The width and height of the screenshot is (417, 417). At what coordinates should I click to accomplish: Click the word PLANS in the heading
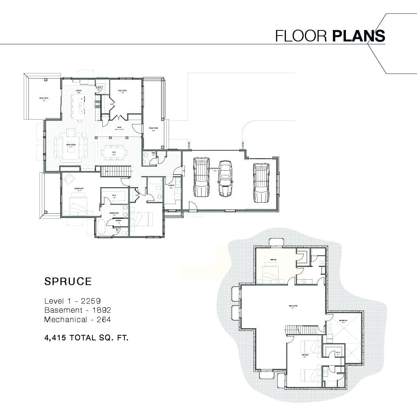359,36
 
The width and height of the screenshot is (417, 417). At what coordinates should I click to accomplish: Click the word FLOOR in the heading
301,36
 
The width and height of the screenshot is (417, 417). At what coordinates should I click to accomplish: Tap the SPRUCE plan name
68,282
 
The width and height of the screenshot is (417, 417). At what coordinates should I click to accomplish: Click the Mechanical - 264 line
77,319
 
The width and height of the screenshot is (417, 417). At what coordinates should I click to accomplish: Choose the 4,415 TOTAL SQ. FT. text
86,338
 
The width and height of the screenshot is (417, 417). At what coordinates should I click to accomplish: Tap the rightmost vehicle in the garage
261,182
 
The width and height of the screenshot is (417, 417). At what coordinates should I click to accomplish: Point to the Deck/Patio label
43,98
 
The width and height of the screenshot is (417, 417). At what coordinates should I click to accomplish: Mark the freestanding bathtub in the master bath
100,229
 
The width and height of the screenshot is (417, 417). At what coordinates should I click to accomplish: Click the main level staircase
116,171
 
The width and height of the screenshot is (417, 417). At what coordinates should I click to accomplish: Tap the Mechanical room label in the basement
342,321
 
